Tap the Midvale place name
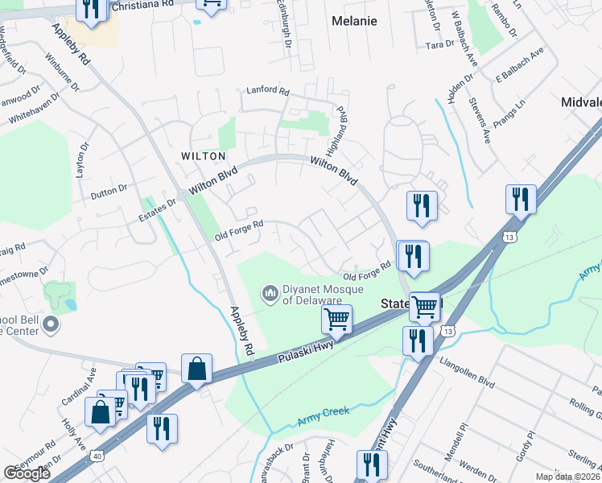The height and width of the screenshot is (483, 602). pos(581,103)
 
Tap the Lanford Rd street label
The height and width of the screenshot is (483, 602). pos(267,92)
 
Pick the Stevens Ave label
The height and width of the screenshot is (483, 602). pos(475,121)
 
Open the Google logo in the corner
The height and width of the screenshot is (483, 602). pos(27,473)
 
